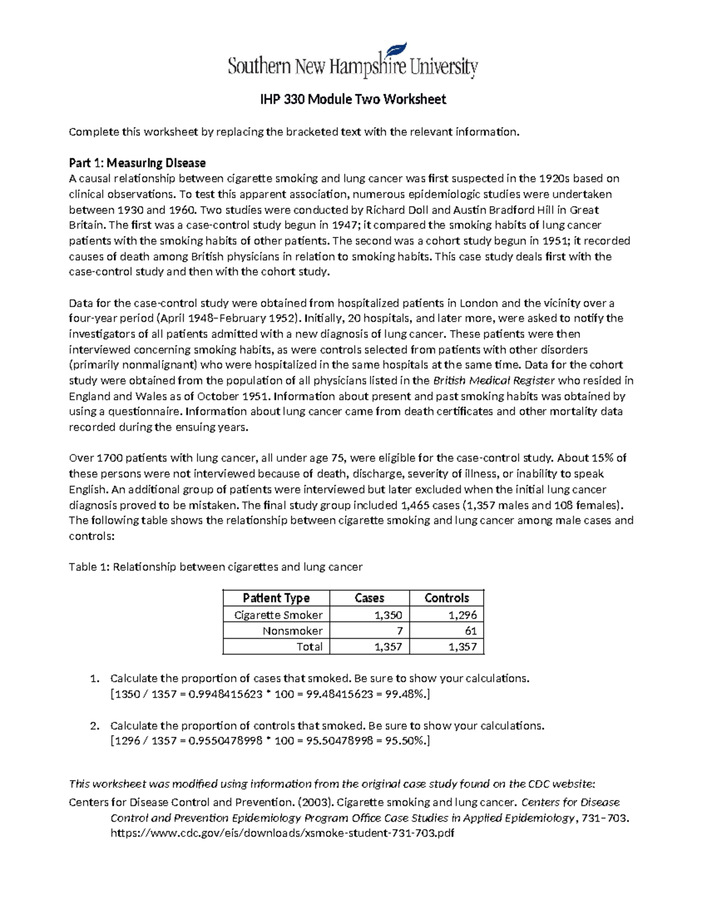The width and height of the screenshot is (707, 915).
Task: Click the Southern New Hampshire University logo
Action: tap(352, 62)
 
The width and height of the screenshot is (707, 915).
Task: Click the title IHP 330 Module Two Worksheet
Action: tap(353, 100)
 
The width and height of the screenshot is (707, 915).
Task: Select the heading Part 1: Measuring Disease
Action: tap(137, 163)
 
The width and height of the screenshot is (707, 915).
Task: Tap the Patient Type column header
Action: tap(276, 598)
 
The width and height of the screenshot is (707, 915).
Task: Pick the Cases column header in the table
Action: tap(369, 598)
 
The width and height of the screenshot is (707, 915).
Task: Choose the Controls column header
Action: tap(447, 598)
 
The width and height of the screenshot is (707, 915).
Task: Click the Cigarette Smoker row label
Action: tap(278, 615)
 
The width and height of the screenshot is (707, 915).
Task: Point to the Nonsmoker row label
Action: tap(292, 631)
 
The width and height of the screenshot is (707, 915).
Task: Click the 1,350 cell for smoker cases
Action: tap(388, 615)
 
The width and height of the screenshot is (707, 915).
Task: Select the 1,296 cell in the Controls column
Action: tap(462, 615)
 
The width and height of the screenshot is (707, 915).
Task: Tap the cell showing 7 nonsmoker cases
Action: tap(399, 631)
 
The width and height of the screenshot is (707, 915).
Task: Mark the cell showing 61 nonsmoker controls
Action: tap(470, 631)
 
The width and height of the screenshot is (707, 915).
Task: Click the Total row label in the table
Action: tap(309, 647)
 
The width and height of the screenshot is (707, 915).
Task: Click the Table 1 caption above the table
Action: tap(216, 567)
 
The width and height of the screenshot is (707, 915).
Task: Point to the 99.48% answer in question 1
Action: tap(408, 694)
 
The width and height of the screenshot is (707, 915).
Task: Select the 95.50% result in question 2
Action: tap(408, 741)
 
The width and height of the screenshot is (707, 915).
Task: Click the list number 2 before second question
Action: tap(94, 726)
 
